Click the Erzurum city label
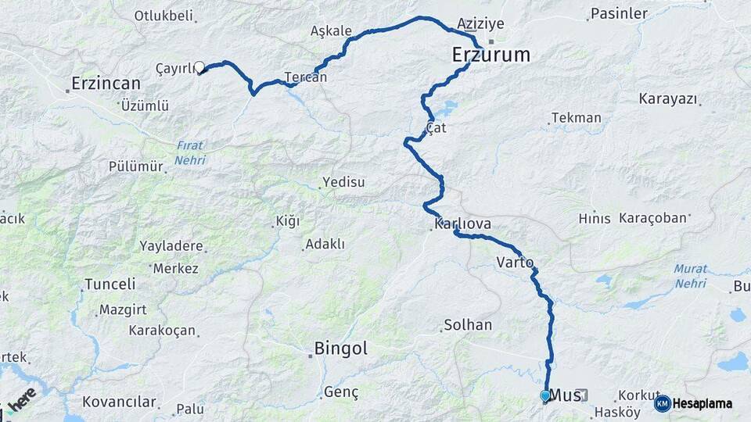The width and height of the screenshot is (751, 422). [491, 55]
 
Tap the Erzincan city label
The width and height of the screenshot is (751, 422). [106, 83]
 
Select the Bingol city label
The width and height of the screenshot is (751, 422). [340, 349]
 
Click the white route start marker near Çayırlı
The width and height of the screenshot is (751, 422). [199, 68]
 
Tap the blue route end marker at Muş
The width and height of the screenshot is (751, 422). [545, 396]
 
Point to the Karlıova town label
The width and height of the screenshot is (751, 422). [463, 224]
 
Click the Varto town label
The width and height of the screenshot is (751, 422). [515, 263]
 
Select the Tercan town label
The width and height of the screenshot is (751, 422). [305, 77]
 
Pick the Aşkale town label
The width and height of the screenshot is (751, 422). [332, 32]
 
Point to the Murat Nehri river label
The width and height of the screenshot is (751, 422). [691, 275]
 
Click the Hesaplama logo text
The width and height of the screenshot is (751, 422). [702, 403]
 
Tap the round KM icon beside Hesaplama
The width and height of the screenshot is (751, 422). [662, 403]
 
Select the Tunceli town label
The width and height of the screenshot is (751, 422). [110, 284]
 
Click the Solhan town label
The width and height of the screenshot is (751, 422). [468, 324]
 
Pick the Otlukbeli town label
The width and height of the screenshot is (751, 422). [163, 16]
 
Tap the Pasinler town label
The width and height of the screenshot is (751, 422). [620, 13]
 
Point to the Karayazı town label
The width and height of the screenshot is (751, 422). [668, 99]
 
